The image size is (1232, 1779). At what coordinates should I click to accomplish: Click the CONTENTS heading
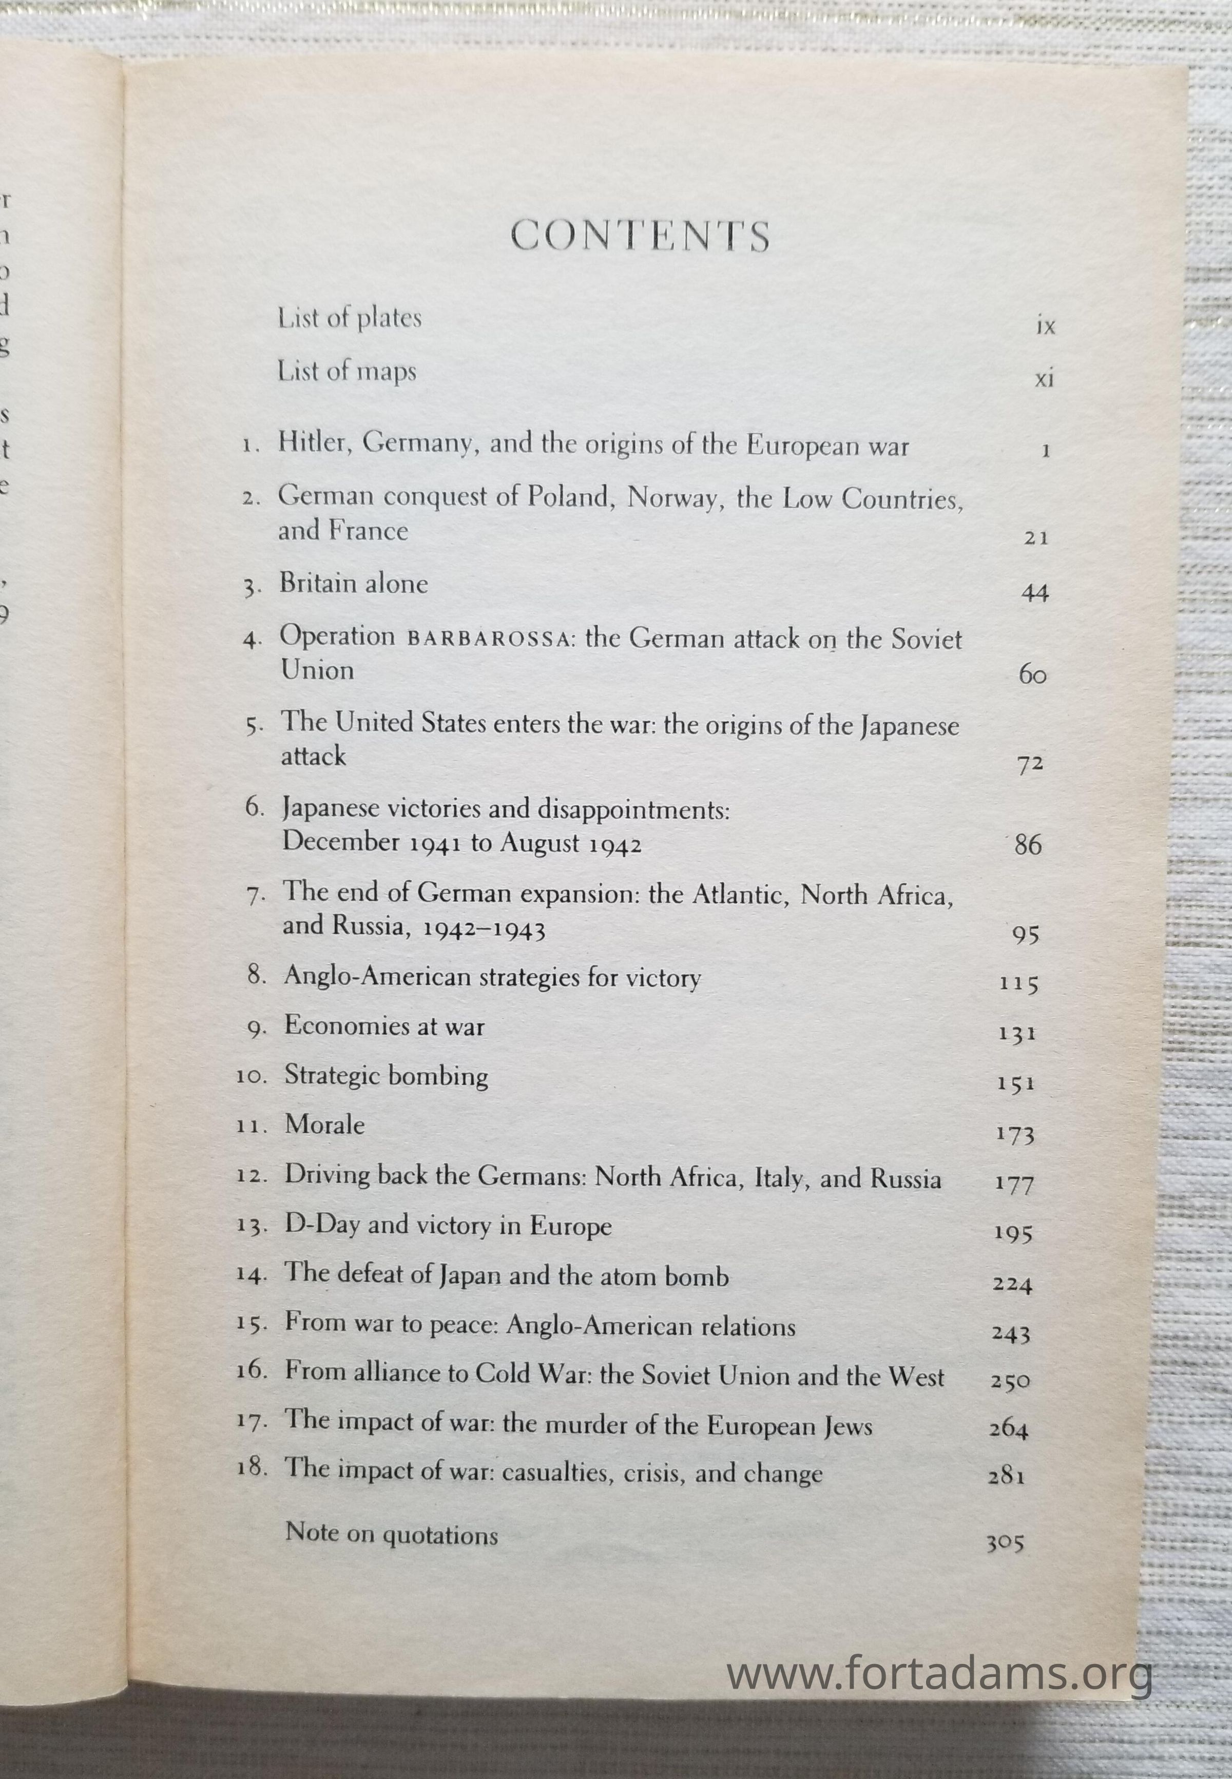tap(640, 236)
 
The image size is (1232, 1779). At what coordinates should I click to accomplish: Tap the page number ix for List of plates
tap(1045, 326)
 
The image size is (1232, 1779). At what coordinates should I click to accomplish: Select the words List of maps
tap(346, 371)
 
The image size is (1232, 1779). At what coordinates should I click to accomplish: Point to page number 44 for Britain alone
tap(1034, 593)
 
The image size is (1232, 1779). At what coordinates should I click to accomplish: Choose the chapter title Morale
tap(324, 1125)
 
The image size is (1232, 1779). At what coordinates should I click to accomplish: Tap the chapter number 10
tap(251, 1077)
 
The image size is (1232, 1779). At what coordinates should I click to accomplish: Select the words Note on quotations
tap(391, 1534)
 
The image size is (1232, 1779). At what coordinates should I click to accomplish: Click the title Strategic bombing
tap(386, 1076)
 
